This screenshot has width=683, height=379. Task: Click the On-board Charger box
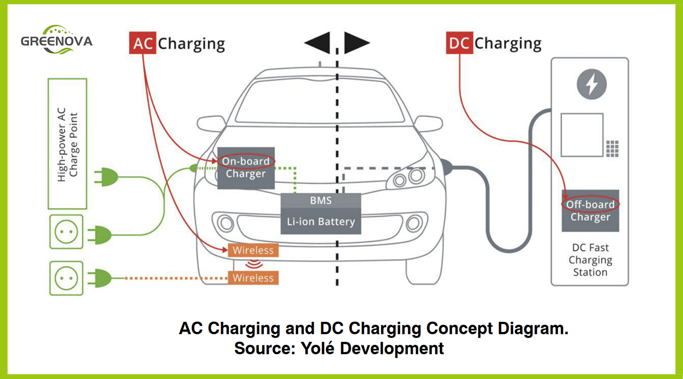[x=246, y=168]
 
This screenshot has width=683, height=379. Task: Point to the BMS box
[x=321, y=200]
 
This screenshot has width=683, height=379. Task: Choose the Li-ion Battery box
[x=321, y=221]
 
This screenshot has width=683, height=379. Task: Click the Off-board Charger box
[x=590, y=211]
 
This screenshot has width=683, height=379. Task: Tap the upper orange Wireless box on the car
[x=253, y=250]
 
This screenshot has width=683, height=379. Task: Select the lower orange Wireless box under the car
[x=253, y=277]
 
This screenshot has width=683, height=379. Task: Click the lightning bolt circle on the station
[x=591, y=85]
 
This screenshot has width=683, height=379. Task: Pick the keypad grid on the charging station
[x=612, y=149]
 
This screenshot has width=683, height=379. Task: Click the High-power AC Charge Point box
[x=67, y=144]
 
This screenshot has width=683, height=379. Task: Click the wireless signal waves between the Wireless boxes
[x=253, y=264]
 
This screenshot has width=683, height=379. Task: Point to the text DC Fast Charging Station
[x=589, y=260]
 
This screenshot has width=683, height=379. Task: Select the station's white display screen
[x=581, y=135]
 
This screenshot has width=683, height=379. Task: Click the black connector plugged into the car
[x=447, y=167]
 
